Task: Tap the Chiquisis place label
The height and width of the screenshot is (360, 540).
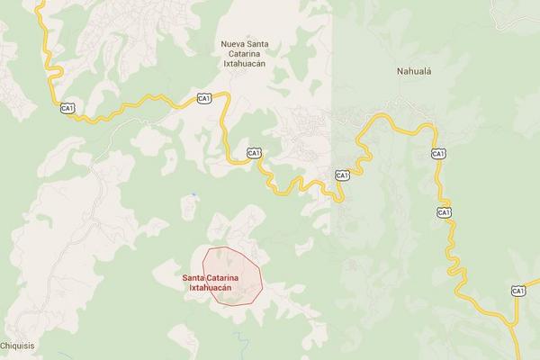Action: click(x=17, y=345)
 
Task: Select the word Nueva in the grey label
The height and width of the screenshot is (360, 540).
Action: click(x=233, y=43)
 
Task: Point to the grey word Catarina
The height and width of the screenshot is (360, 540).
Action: click(x=247, y=54)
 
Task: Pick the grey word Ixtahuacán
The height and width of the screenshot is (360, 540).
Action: click(x=247, y=65)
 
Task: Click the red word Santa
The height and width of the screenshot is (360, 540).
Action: click(x=195, y=277)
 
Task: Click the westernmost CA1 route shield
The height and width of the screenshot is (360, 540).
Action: click(x=67, y=109)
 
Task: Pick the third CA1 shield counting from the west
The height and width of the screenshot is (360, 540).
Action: click(x=256, y=153)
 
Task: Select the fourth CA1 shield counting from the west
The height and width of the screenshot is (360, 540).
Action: click(x=342, y=175)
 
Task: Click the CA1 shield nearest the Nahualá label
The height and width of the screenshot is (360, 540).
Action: click(x=438, y=154)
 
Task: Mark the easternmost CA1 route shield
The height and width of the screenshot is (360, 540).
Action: click(x=517, y=290)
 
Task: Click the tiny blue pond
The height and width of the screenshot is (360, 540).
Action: click(x=193, y=193)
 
